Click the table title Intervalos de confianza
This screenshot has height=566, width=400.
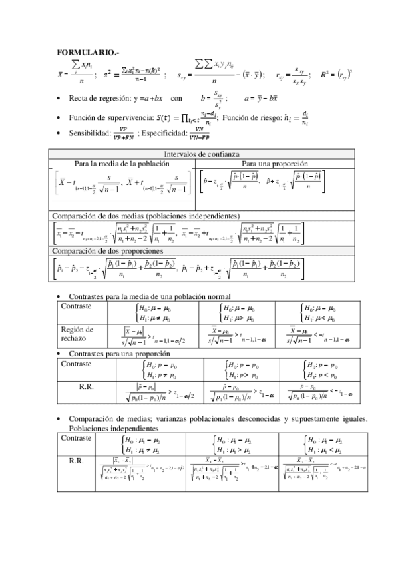198,154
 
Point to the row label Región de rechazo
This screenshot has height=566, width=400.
77,334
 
